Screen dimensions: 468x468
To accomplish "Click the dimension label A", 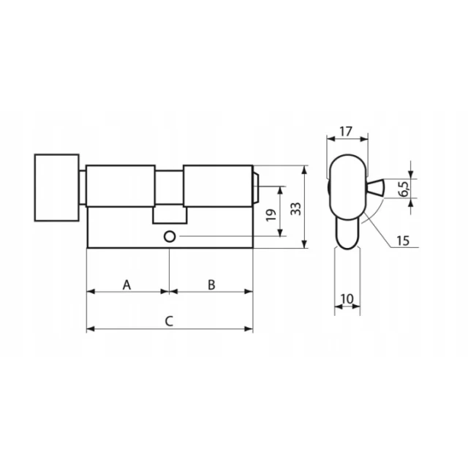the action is click(x=127, y=284).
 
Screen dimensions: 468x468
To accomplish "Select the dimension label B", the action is click(x=211, y=284).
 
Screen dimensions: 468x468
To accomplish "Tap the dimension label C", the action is click(x=169, y=322).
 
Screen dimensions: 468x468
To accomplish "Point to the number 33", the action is click(x=295, y=208).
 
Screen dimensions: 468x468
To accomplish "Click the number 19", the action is click(x=271, y=215).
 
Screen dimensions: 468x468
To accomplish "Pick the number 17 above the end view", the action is click(x=346, y=132).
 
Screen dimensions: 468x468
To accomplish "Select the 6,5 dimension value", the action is click(x=404, y=189).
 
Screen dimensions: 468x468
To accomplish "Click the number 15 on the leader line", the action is click(x=403, y=241).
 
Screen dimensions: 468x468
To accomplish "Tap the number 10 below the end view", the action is click(x=347, y=298).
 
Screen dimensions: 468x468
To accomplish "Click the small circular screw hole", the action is click(x=170, y=237).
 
